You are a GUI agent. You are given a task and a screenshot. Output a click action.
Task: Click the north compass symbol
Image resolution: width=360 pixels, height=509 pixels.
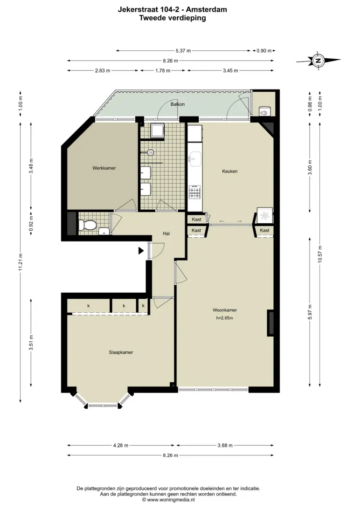pos(318,60)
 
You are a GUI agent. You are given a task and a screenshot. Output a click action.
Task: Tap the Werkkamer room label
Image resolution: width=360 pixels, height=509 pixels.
pos(104,168)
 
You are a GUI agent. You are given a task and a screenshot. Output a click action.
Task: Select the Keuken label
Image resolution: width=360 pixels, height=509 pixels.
pos(230,171)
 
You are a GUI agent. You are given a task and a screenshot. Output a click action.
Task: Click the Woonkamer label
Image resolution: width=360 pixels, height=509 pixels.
pos(225,310)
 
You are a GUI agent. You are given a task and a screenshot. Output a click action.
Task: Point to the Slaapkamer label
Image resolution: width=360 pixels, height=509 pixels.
pos(121,352)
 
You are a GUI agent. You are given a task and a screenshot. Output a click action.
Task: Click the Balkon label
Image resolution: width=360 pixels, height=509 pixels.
pos(178,104)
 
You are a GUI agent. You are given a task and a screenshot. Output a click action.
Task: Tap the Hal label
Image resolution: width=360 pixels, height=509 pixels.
pos(166,234)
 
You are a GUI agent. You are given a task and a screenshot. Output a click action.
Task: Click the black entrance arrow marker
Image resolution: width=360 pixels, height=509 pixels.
pos(141,251)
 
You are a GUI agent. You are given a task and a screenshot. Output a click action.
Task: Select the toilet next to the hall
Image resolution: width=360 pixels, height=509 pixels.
pos(87,224)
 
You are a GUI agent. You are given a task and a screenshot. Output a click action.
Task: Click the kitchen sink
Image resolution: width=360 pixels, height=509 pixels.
pos(195,159)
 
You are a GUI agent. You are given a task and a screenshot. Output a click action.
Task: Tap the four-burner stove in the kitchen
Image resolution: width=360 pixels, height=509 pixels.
pos(195,192)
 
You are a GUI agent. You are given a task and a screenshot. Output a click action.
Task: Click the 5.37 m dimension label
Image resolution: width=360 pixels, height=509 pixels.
pos(183,51)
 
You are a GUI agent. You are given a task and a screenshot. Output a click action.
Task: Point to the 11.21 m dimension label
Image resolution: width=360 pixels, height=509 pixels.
pos(21,262)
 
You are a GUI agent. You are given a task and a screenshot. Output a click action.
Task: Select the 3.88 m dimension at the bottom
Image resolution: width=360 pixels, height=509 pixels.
pos(225,446)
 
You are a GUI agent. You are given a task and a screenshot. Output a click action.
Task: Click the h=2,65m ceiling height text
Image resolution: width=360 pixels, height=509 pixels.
pos(224,318)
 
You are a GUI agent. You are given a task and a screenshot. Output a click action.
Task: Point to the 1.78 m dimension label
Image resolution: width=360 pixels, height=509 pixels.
pos(163,70)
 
